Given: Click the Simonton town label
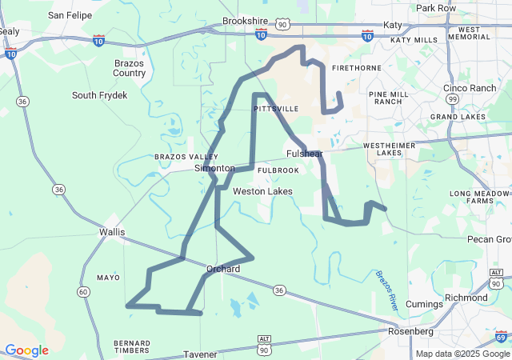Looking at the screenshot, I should pos(214,169).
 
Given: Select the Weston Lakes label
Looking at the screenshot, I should pos(262,191).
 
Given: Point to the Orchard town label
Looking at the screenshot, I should pos(223,269).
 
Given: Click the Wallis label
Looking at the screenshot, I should pos(112,232).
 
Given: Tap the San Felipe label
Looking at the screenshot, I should pos(69,14).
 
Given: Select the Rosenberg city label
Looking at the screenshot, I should pos(410,331).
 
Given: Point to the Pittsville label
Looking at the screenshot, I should pos(276,108).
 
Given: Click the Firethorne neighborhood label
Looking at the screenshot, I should pos(356,68).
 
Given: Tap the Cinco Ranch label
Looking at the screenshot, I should pos(470,88).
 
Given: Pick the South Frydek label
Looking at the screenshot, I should pos(99,95).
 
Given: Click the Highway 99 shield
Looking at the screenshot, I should pos(453,98).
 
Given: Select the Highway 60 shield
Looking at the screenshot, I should pos(83,291).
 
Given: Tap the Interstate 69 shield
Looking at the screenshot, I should pos(501,335).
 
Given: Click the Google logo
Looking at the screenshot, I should pos(26,350).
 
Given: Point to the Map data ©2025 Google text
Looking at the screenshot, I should pos(462,354).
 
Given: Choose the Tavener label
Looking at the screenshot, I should pos(200,354).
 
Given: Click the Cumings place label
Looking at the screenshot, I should pos(424,304).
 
